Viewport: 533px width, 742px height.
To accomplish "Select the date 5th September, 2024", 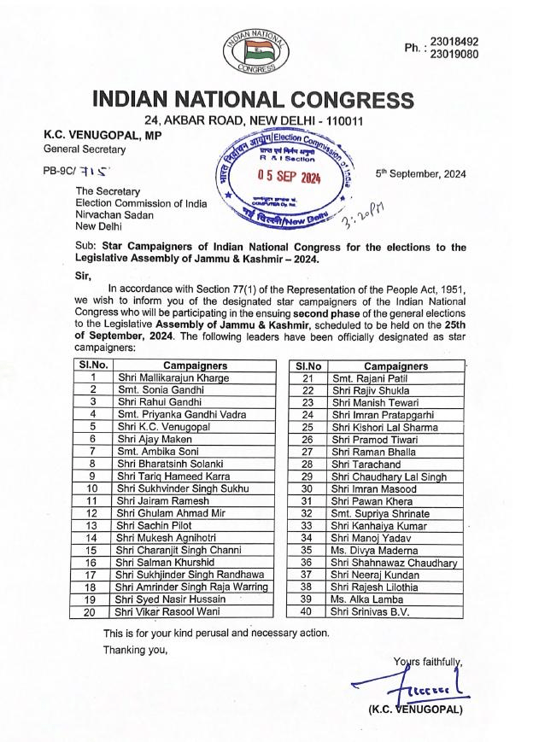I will click(x=421, y=173).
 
